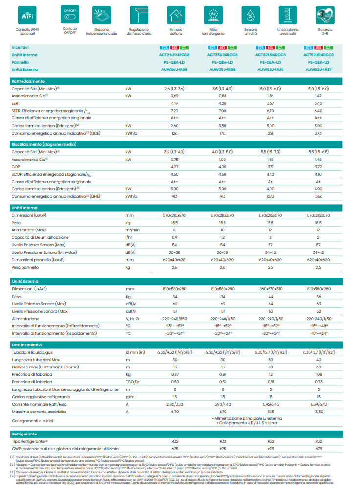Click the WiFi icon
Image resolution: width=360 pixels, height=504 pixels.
coord(26,16)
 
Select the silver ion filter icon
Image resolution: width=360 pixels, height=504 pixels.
coord(213,16)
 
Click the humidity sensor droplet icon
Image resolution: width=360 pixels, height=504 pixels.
coord(250,16)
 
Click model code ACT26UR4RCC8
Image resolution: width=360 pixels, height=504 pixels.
coord(174,55)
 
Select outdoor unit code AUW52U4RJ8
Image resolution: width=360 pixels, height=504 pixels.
coord(270,69)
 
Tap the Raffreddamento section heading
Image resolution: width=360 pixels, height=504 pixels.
coord(28,81)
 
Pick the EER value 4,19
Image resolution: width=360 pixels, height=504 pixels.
coord(174,104)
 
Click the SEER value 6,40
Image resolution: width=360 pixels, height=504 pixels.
coord(318,111)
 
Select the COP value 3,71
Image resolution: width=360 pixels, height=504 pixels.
coord(270,167)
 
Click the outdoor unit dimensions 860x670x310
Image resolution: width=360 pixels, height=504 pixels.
coord(270,289)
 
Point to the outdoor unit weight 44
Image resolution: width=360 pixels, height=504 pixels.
coord(270,297)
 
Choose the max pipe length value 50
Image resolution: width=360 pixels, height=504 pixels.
coord(270,360)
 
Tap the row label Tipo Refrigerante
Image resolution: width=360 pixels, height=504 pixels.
coord(30,441)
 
